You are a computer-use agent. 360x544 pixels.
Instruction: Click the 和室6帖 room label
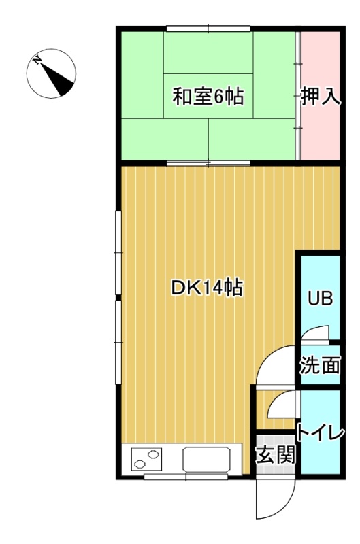click(x=208, y=97)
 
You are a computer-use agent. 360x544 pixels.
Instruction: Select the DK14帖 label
click(x=208, y=288)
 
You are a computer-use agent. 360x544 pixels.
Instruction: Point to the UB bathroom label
click(x=321, y=298)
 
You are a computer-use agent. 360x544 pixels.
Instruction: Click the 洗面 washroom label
click(x=320, y=364)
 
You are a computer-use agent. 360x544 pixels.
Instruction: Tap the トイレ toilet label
click(x=320, y=432)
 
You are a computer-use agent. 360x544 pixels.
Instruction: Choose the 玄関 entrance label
click(x=276, y=454)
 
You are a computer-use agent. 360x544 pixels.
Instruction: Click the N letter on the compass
click(x=37, y=61)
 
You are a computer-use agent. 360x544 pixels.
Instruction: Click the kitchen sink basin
click(x=206, y=459)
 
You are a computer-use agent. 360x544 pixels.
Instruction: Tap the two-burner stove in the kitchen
click(x=146, y=459)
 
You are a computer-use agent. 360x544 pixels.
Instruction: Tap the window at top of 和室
click(x=208, y=29)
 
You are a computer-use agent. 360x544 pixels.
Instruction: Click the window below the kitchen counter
click(x=186, y=477)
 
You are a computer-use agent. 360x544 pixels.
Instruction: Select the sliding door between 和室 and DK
click(x=208, y=163)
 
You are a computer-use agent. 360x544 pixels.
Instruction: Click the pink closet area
click(x=320, y=96)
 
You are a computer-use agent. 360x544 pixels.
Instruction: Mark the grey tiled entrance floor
click(x=276, y=455)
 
